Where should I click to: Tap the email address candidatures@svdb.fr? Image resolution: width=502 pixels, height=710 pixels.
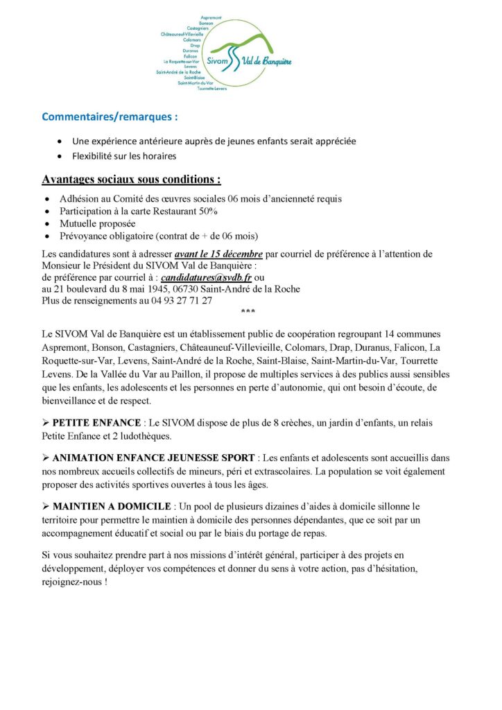pyautogui.click(x=206, y=277)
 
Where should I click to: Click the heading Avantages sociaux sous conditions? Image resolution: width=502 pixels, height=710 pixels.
pyautogui.click(x=131, y=179)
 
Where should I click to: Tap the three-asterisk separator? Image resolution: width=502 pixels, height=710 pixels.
pyautogui.click(x=248, y=313)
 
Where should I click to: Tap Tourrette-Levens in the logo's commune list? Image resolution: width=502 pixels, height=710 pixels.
pyautogui.click(x=212, y=89)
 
